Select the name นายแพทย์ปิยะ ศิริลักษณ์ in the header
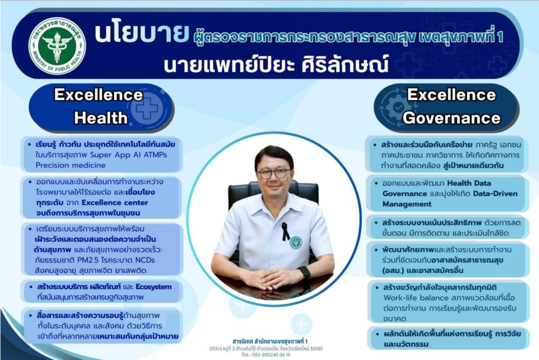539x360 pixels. click(x=275, y=66)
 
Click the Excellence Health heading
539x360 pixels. click(x=99, y=105)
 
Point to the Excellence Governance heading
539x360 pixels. click(x=451, y=105)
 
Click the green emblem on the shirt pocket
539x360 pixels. click(x=295, y=242)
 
